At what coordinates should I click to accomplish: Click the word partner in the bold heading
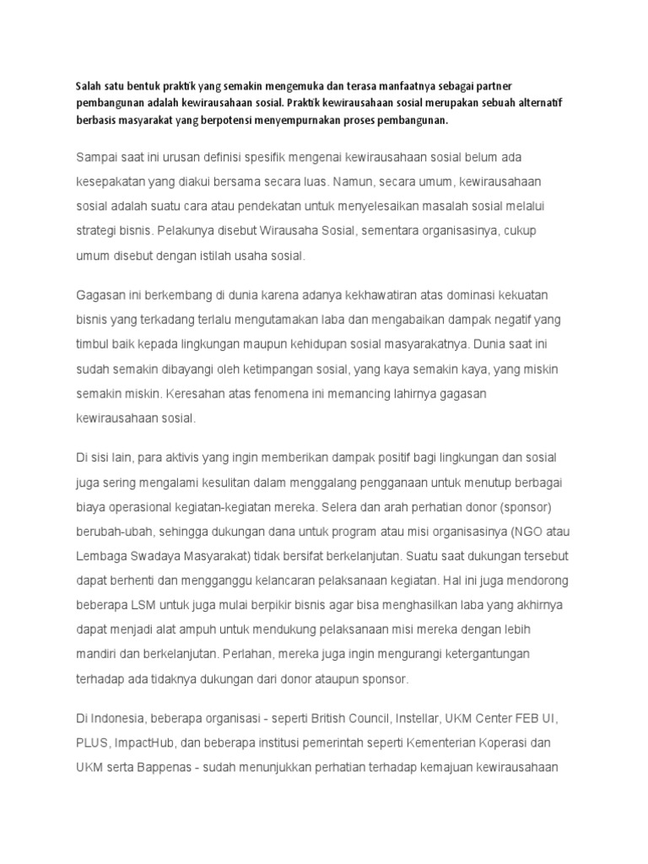(503, 86)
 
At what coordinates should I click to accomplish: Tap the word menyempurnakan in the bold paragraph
(337, 120)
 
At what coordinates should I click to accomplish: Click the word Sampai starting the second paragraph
(99, 158)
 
